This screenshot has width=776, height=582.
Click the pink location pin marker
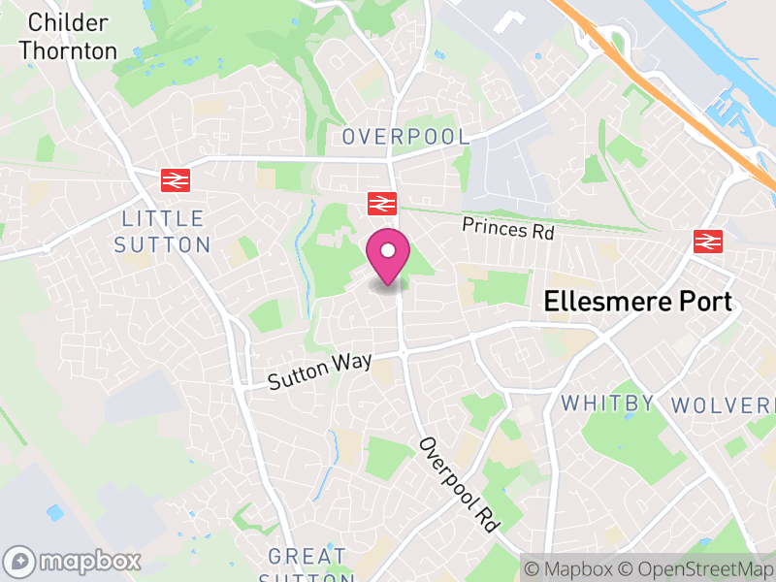388,257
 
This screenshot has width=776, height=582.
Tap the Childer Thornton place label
68,37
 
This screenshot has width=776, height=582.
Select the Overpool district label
405,138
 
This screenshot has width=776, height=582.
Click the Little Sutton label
162,231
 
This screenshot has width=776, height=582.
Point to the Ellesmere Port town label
638,301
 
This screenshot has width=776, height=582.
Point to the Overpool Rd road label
459,483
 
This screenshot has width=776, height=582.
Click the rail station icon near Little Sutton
176,179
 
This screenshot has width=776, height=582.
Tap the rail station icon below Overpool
382,203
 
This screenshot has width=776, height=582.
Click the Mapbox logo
74,561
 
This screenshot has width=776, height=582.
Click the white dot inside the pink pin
388,251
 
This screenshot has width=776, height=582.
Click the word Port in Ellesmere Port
700,301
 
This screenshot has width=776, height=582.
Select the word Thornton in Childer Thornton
68,50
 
